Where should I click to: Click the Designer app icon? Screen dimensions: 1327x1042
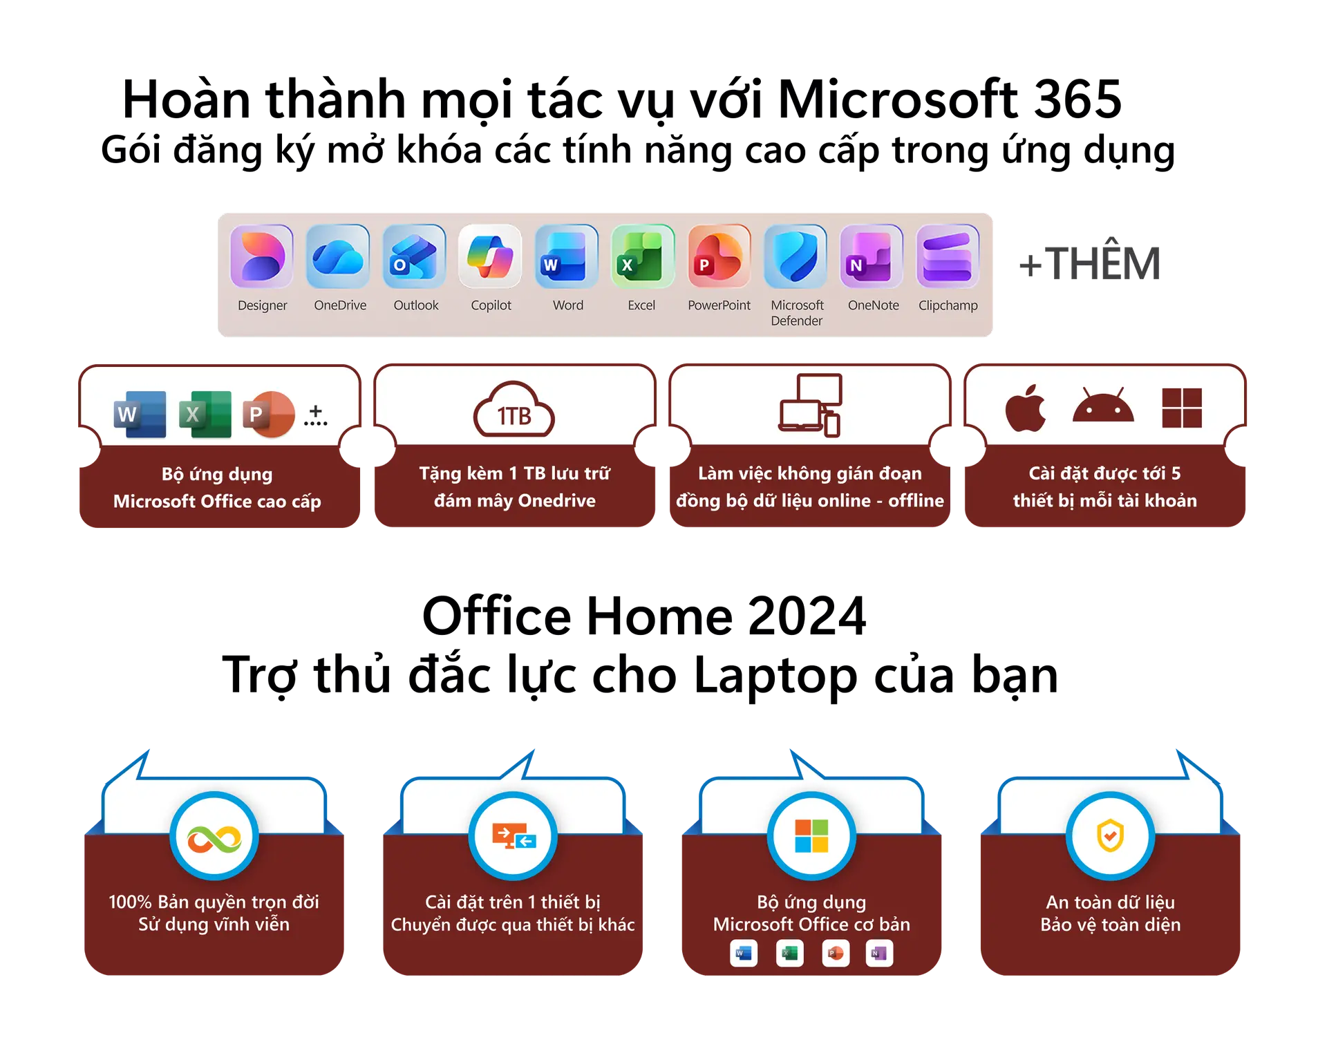[262, 256]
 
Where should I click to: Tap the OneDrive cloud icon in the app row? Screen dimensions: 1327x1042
[338, 256]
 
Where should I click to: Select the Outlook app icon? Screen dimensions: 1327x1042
[414, 256]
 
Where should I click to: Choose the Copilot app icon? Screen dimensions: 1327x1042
[490, 256]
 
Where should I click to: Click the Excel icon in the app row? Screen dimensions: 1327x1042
[643, 256]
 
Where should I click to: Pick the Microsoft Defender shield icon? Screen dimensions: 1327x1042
[796, 256]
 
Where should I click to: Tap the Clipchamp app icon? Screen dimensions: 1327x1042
[948, 256]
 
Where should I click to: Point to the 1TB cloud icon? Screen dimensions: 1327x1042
[514, 410]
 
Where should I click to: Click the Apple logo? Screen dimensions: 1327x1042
[1026, 408]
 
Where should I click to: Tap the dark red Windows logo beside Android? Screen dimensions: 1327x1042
[1182, 408]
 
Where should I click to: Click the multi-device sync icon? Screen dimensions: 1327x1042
[810, 405]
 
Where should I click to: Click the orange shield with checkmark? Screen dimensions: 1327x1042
[1110, 836]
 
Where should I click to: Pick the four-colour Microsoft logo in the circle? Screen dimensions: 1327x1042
[811, 836]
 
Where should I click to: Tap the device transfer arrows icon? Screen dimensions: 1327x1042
[514, 836]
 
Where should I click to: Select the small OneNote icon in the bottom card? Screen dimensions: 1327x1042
[879, 954]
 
